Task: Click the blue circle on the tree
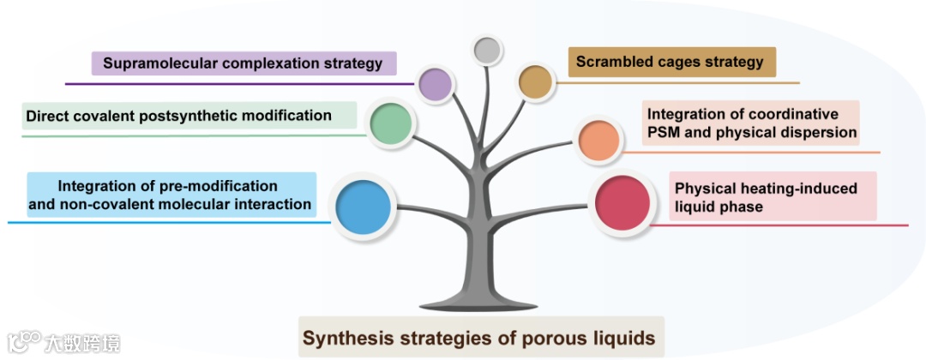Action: tap(364, 207)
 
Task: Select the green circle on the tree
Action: tap(391, 124)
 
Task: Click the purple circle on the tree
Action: tap(435, 84)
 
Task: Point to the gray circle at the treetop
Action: tap(487, 51)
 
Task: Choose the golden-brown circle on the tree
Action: tap(536, 81)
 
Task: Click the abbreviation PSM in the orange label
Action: tap(664, 133)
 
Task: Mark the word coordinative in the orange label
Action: tap(794, 114)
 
